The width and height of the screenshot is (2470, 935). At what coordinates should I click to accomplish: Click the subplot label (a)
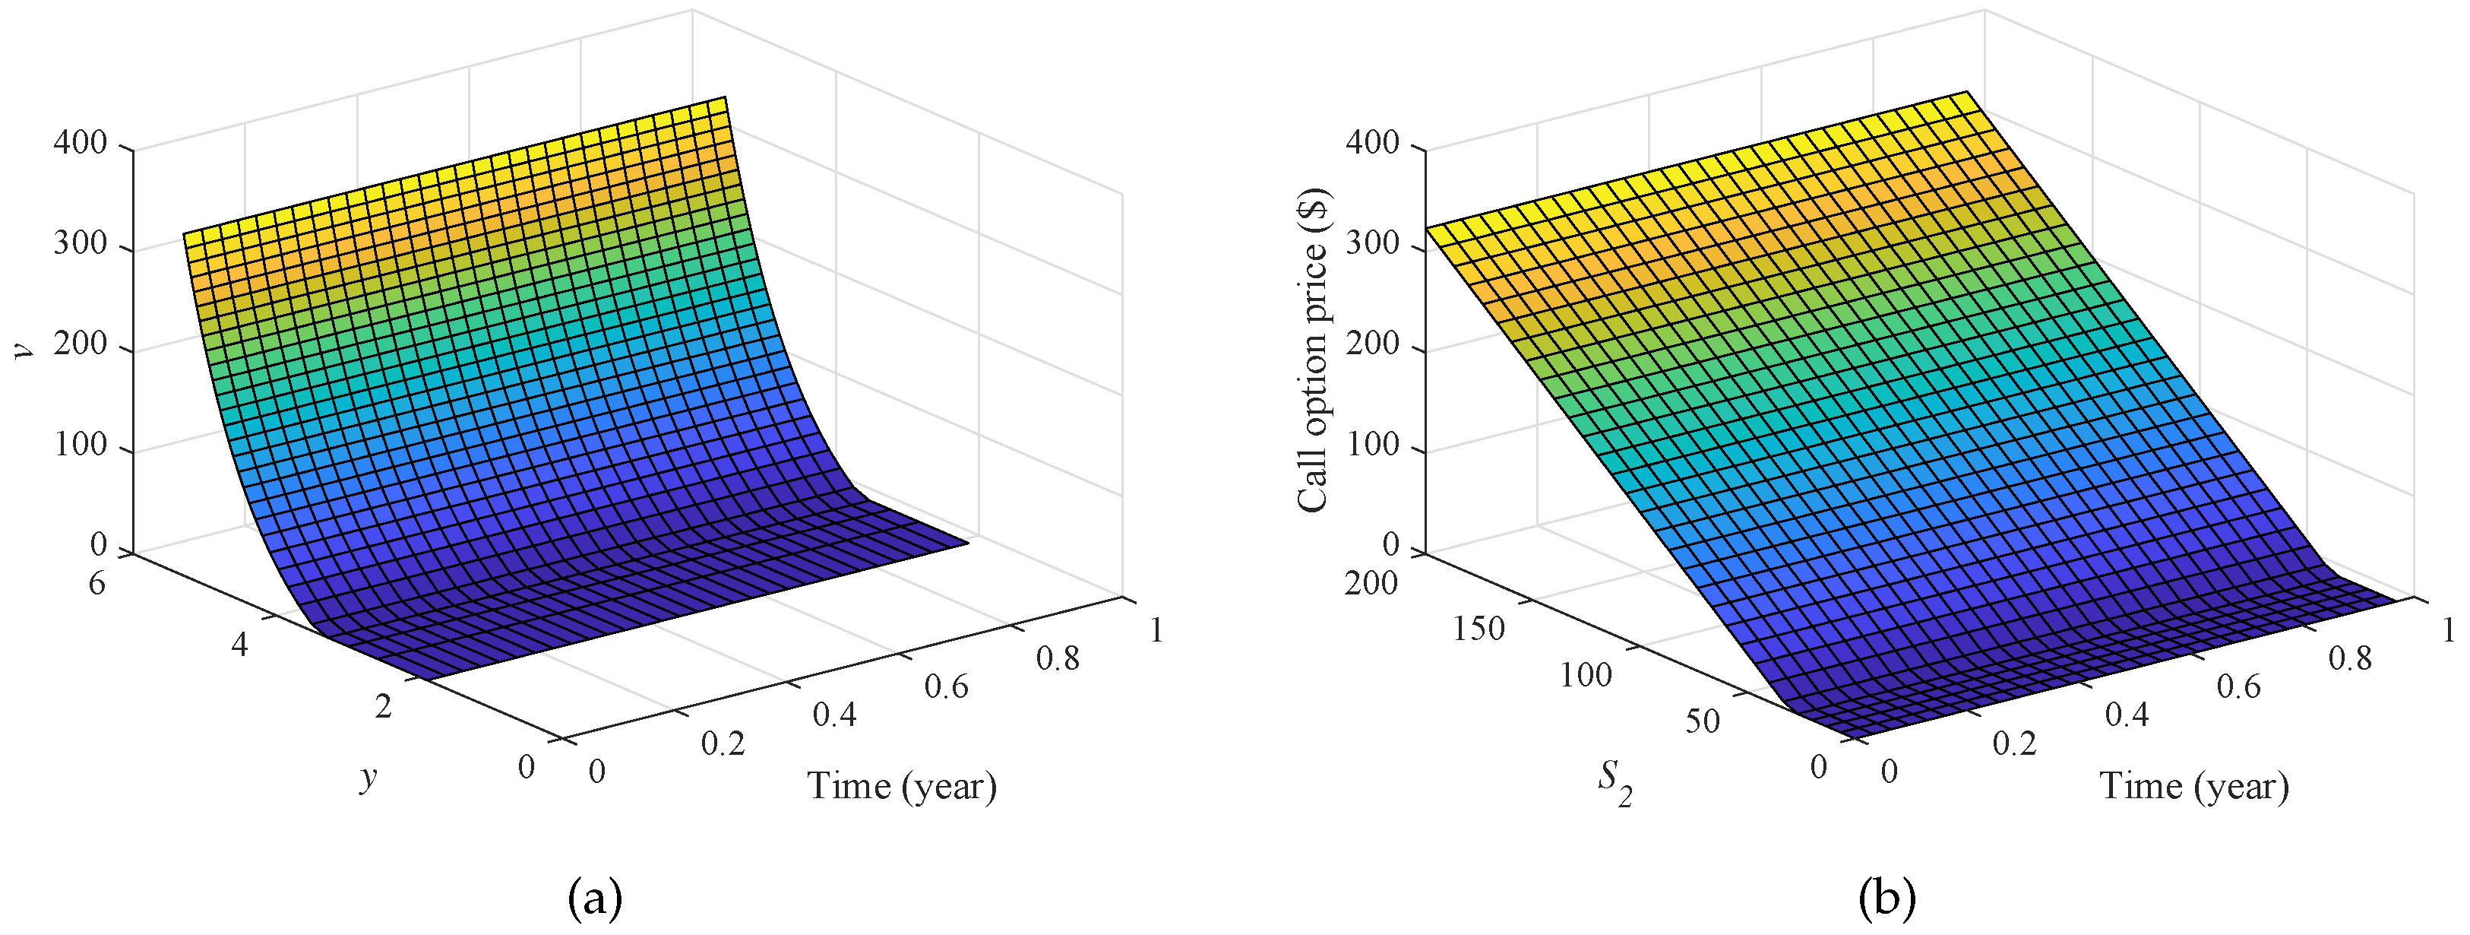[x=594, y=899]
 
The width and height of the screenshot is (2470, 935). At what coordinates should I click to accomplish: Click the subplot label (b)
[x=1886, y=899]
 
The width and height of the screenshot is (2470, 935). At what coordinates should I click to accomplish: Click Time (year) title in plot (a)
[x=901, y=785]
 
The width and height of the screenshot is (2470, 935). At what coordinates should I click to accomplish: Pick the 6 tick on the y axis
[x=96, y=583]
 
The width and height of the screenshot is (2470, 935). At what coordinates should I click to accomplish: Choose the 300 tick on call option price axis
[x=1372, y=246]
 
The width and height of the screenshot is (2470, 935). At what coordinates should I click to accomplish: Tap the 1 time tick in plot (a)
[x=1156, y=630]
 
